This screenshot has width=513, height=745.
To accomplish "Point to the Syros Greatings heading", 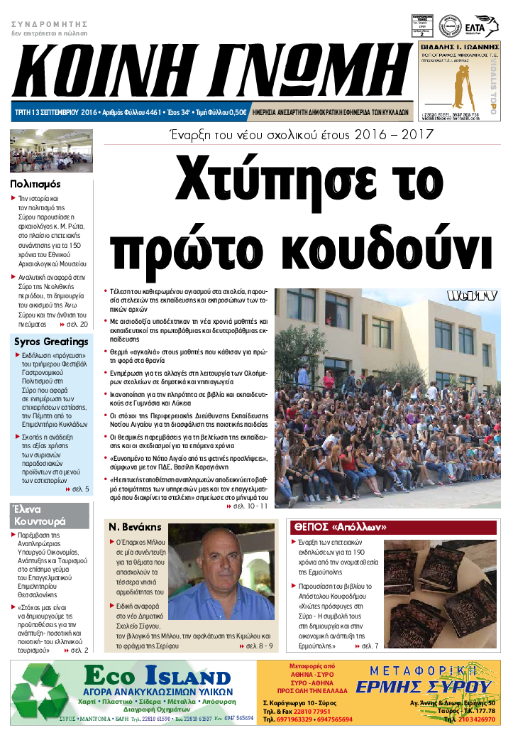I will (51, 342).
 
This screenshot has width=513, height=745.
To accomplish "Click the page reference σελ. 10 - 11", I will (250, 506).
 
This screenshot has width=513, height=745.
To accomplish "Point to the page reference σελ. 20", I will (75, 324).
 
